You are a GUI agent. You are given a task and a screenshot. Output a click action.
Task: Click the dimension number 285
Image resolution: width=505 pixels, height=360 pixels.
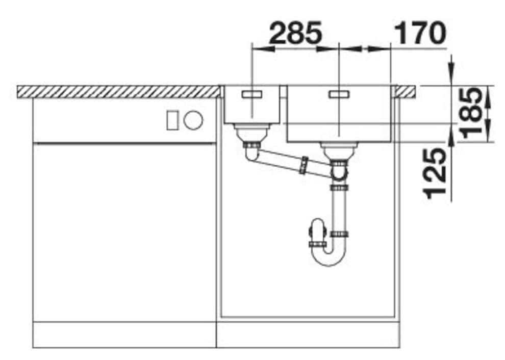coord(295,33)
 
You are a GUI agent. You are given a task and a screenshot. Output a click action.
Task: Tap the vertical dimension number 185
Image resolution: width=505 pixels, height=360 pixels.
coord(472,113)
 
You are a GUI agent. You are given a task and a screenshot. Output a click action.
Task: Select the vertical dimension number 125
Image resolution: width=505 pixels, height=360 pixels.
coord(435,174)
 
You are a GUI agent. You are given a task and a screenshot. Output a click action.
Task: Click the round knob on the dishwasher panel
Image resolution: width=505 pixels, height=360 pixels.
coord(193,120)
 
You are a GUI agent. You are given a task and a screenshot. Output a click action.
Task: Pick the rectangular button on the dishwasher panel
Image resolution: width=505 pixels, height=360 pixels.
coord(172,120)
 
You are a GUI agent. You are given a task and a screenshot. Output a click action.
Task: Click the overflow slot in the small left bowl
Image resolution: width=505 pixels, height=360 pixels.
coord(252,94)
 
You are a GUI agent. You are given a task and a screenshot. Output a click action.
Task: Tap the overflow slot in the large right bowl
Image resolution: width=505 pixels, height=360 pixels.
coord(339,94)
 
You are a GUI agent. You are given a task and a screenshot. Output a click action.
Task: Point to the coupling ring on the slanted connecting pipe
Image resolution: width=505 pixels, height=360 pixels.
coord(303,165)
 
